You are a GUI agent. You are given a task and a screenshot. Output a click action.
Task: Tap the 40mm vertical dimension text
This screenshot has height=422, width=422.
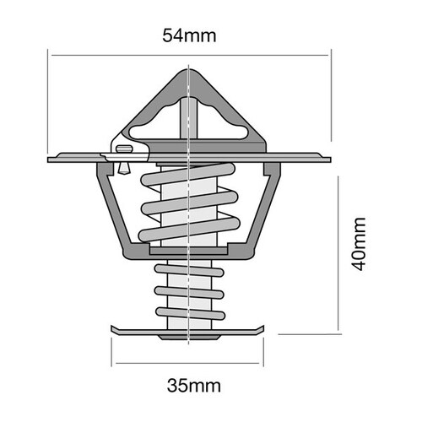[360, 243]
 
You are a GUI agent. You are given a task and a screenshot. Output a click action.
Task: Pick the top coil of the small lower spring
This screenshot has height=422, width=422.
[190, 268]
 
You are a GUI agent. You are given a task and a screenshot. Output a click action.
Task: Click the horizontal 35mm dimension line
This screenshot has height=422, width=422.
[190, 363]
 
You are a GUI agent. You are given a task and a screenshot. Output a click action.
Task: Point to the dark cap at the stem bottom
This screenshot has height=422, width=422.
[190, 336]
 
